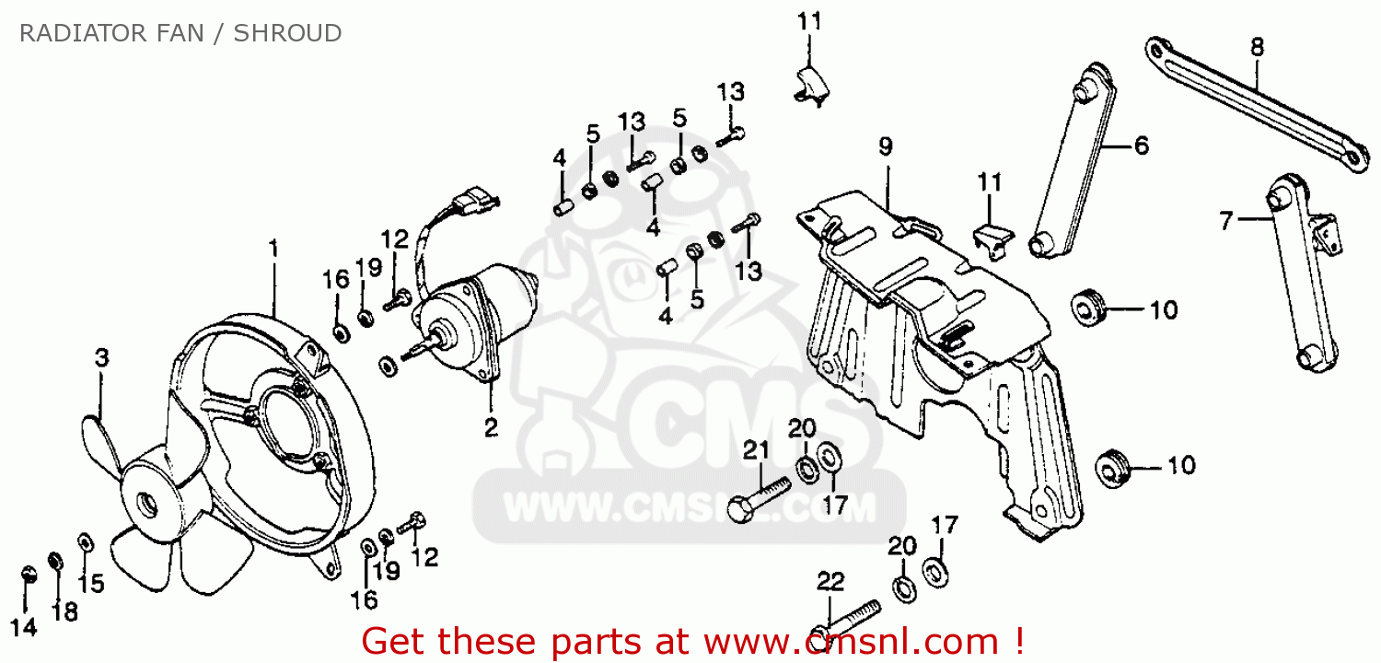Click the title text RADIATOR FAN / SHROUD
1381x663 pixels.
(x=180, y=34)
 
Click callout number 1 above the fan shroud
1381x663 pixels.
(x=273, y=248)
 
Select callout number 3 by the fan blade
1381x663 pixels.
(x=101, y=357)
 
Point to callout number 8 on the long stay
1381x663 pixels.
(x=1258, y=46)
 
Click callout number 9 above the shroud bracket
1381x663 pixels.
(x=885, y=146)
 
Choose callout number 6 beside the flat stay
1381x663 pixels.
(x=1141, y=145)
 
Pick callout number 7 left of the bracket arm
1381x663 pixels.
(x=1225, y=220)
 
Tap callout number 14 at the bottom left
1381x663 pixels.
(x=25, y=628)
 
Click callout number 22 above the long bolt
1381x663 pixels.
(x=830, y=581)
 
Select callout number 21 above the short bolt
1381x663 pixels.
(x=756, y=450)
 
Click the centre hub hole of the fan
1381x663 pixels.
(x=145, y=504)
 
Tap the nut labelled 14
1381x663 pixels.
(x=28, y=576)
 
